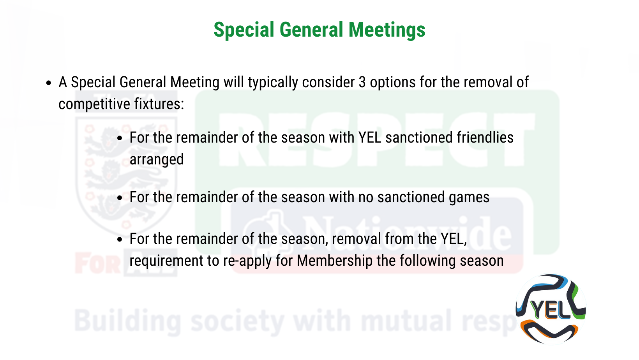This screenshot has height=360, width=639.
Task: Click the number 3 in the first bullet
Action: (x=362, y=82)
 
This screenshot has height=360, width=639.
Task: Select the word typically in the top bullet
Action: (x=272, y=83)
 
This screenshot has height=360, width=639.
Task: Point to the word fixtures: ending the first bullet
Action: (x=159, y=104)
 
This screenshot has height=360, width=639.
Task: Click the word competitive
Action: (x=94, y=104)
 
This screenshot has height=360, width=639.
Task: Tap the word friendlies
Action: (x=485, y=138)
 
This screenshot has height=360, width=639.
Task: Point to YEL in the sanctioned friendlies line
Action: (x=370, y=138)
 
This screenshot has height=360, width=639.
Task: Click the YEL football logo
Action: (x=551, y=309)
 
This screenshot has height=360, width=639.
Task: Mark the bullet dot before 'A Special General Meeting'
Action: (x=49, y=83)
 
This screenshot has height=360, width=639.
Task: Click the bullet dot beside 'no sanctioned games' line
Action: (x=120, y=198)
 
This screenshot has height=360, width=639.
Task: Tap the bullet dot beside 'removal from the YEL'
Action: (x=120, y=239)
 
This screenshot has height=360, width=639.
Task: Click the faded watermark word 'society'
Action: (x=237, y=322)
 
